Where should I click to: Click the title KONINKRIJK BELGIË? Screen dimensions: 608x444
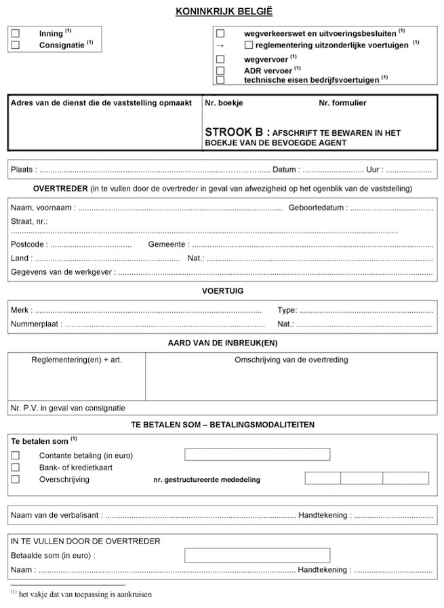pos(222,12)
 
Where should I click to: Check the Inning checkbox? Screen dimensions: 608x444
pos(16,33)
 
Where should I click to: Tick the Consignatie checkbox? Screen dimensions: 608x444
pos(16,45)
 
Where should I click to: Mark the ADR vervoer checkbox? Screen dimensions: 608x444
pos(220,71)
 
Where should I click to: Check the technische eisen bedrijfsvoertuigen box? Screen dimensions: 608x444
pos(220,80)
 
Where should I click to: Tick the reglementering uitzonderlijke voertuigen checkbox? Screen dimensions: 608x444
pos(248,45)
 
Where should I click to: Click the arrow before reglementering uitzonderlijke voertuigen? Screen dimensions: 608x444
pos(220,45)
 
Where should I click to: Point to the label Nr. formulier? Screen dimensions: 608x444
pos(343,103)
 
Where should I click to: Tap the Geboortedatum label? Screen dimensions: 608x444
pos(317,208)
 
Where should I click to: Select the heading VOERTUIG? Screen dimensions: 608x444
pos(222,291)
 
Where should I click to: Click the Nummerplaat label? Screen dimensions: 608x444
pos(35,324)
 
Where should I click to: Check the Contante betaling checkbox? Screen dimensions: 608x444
pos(16,455)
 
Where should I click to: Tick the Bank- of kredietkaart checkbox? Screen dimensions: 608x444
pos(16,467)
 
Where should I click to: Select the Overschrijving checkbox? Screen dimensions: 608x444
pos(16,479)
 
